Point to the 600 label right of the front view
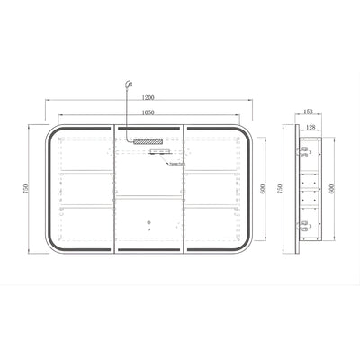click(x=264, y=189)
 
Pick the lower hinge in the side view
click(x=303, y=225)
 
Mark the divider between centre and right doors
click(x=185, y=189)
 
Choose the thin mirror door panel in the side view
click(x=296, y=189)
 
